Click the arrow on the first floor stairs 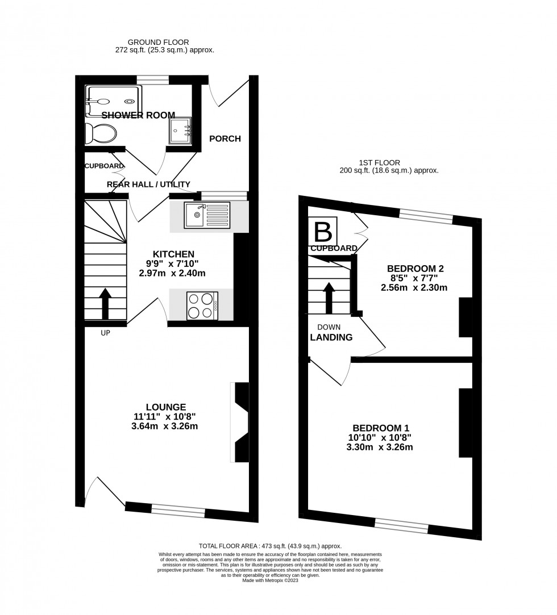tap(329, 298)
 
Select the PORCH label tap(225, 139)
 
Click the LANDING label tap(331, 337)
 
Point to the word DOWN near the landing tap(329, 327)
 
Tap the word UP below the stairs tap(105, 333)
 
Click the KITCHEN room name tap(174, 254)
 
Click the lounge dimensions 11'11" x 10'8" tap(166, 416)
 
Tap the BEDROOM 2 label tap(415, 269)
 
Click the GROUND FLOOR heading tap(158, 42)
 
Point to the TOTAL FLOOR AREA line tap(270, 546)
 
